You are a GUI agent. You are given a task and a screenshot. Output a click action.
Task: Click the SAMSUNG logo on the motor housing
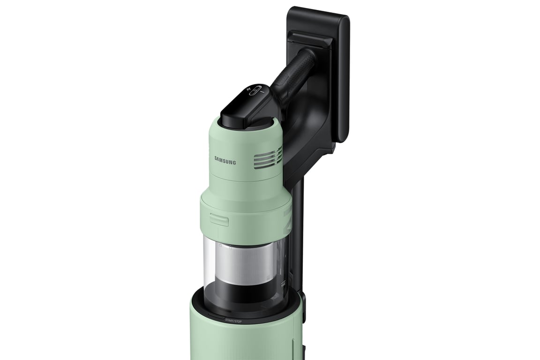pos(225,160)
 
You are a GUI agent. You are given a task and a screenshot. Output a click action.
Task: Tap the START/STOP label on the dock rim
pos(233,321)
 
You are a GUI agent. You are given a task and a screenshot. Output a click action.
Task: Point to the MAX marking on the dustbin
pos(283,283)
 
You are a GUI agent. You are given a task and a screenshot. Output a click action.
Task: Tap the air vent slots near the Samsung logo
pos(268,157)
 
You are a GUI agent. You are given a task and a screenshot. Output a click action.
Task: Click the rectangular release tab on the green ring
pos(218,218)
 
